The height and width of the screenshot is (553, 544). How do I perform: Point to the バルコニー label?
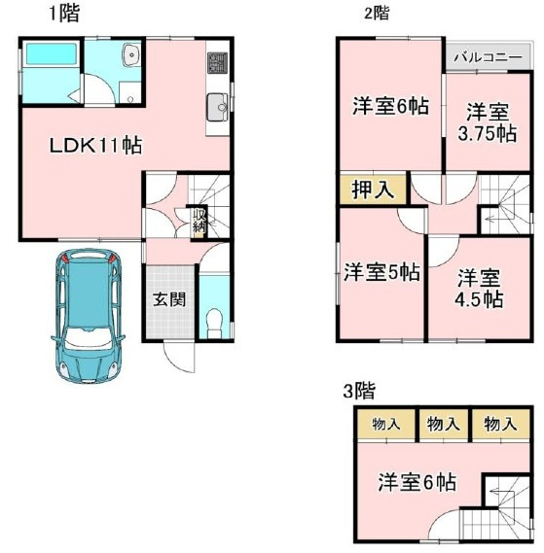pos(488,57)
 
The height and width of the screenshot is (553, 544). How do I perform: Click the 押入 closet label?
pos(372,189)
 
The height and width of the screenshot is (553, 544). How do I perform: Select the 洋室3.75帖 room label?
pos(486,123)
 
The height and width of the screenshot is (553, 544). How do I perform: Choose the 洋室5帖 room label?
pos(381,273)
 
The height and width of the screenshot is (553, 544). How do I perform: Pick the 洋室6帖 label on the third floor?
pos(417,481)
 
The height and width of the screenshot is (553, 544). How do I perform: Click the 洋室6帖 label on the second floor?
pos(389,108)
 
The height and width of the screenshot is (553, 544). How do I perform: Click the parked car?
pos(88,318)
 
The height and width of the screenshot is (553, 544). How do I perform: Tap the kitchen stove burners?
pos(215,64)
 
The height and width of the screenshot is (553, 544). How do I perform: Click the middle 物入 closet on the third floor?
pos(443,424)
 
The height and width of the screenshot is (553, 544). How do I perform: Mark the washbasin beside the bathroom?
pos(131,57)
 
